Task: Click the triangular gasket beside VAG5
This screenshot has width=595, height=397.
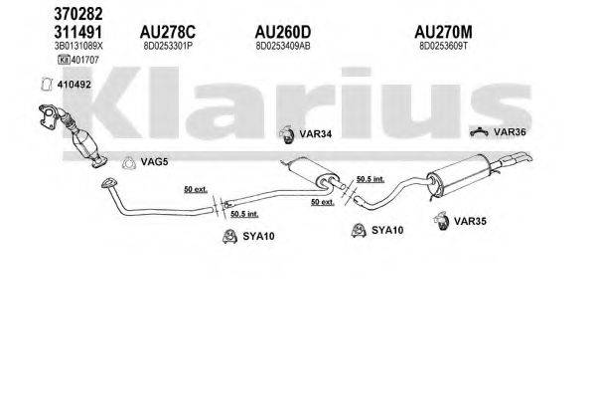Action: click(x=128, y=163)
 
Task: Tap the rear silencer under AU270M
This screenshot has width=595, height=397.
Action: click(x=458, y=185)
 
